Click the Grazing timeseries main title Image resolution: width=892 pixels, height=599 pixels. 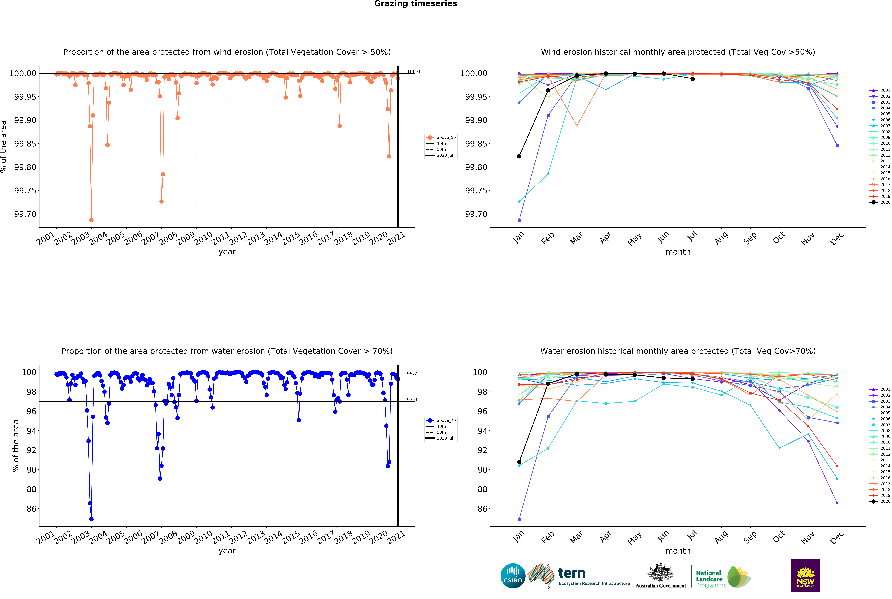[415, 4]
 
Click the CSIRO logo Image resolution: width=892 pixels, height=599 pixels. [513, 576]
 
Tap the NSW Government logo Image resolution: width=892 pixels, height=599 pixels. [805, 576]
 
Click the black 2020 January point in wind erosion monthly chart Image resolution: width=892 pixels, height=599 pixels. [519, 156]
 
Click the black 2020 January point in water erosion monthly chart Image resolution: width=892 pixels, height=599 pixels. [519, 462]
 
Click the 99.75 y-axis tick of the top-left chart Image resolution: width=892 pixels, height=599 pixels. [25, 191]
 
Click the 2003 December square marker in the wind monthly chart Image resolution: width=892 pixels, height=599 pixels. [837, 145]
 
